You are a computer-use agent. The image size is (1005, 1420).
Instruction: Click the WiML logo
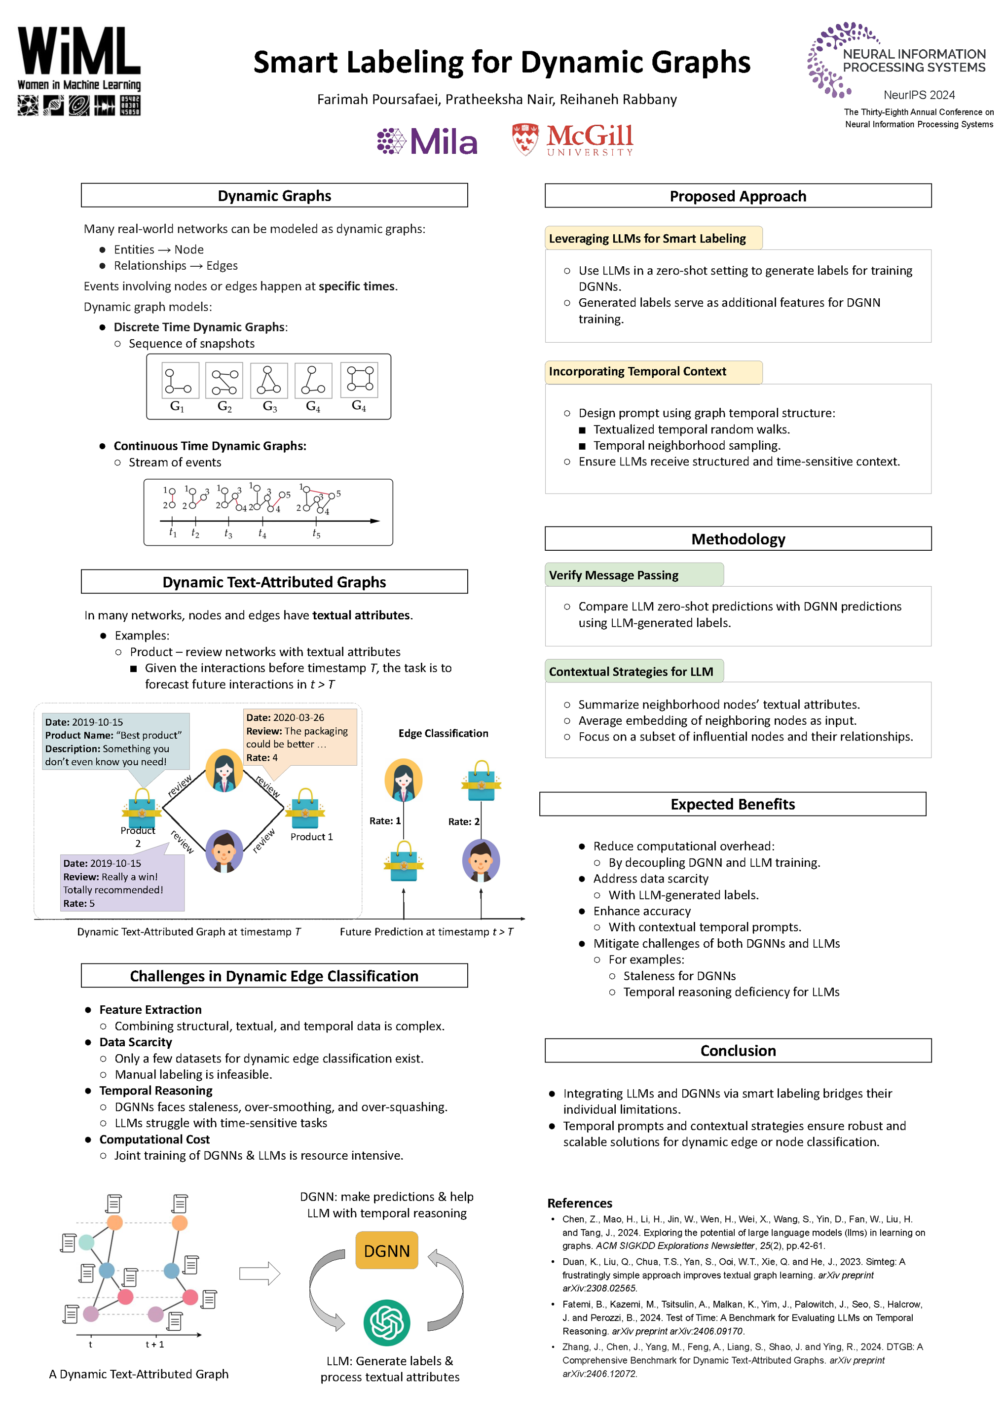coord(79,71)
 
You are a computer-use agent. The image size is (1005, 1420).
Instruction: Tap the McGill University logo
coord(572,140)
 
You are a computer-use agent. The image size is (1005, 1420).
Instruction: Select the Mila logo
coord(427,141)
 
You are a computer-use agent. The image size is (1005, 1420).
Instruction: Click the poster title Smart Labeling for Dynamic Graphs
coord(501,63)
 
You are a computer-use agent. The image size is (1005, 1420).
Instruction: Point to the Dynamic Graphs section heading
coord(274,195)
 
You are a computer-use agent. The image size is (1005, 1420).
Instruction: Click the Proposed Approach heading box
coord(738,196)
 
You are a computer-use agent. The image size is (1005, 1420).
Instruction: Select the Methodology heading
coord(738,539)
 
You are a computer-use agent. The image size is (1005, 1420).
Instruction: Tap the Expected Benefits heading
coord(733,804)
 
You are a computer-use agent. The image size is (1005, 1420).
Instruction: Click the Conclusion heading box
coord(738,1051)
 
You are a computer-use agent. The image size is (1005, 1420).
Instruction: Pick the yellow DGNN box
coord(387,1250)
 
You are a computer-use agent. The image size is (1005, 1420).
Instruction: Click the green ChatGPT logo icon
coord(387,1322)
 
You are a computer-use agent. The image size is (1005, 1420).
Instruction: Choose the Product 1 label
coord(311,837)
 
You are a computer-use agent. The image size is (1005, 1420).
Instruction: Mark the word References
coord(579,1203)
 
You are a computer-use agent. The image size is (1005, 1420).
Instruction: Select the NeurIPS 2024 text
coord(919,95)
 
